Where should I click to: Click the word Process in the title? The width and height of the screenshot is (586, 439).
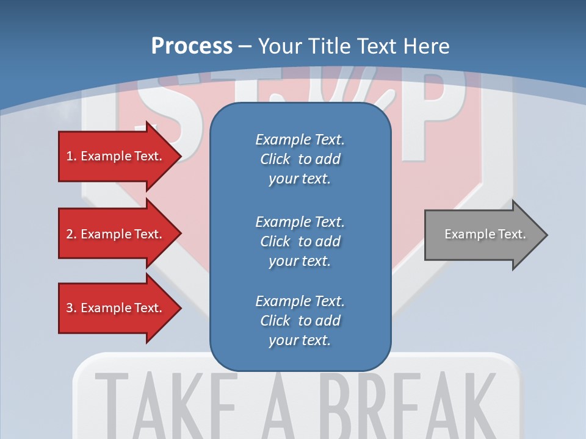192,46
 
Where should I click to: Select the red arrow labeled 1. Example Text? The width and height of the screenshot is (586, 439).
116,156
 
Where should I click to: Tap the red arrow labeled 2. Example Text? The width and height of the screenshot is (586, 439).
116,234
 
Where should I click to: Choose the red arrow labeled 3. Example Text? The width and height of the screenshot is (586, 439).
116,308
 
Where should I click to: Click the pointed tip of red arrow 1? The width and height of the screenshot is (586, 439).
179,156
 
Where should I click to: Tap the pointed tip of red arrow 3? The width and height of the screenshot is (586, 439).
179,308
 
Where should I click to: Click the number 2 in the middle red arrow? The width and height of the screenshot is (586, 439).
70,234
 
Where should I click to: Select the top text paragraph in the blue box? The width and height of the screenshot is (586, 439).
300,159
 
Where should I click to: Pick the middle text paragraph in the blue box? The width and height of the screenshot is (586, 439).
300,241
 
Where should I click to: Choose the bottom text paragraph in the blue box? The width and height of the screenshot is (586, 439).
300,321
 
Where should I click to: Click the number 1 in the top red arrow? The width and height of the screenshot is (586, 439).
70,156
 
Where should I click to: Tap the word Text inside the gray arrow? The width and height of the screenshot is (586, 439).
512,234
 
